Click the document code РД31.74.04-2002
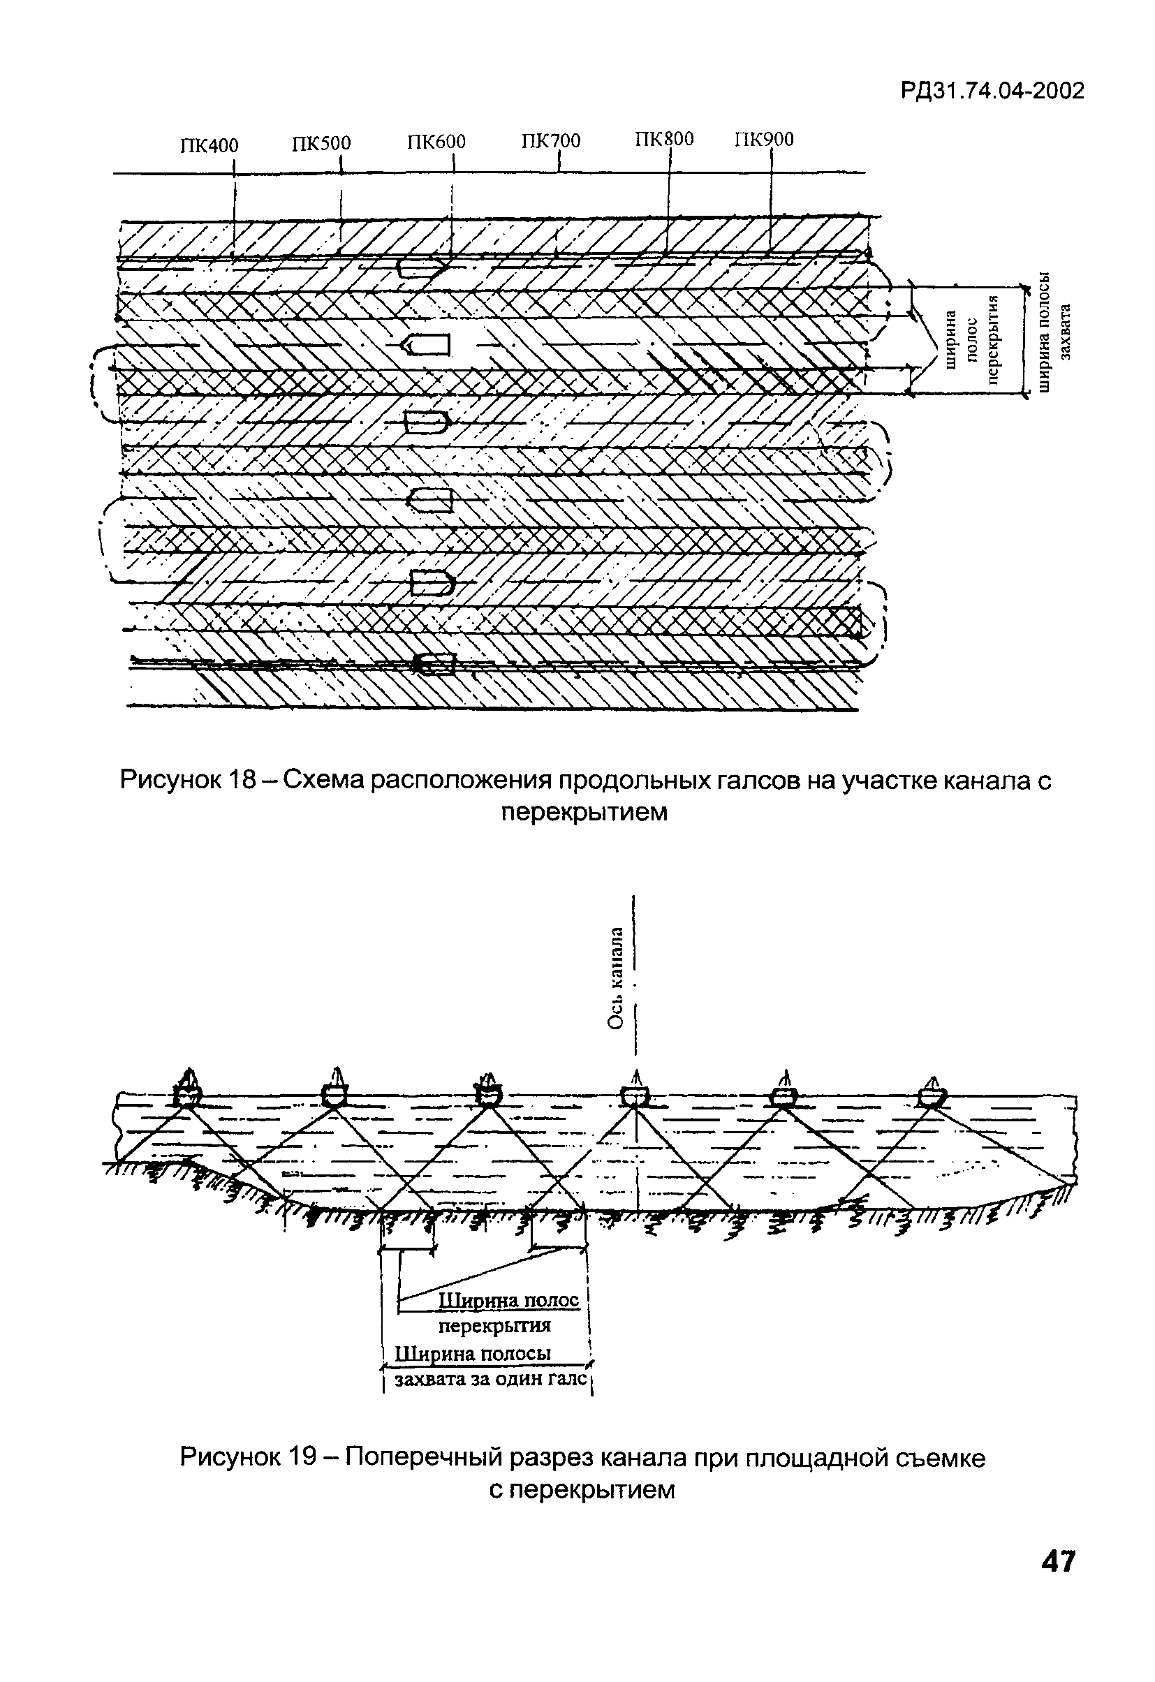[992, 91]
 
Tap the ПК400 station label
[209, 145]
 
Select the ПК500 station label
[321, 143]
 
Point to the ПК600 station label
[436, 141]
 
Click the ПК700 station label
[551, 140]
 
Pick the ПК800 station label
[664, 138]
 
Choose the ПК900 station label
[764, 139]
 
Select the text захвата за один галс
[490, 1379]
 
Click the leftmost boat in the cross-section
[187, 1090]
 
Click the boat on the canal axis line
[636, 1094]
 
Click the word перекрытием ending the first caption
[584, 812]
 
